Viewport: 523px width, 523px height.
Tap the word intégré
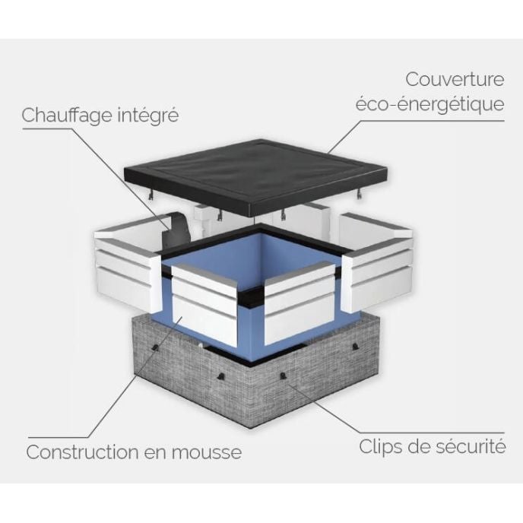149,116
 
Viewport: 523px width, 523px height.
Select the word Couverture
455,79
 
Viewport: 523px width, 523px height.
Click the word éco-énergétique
429,104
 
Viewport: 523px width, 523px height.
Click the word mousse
207,452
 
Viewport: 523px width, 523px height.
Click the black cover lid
256,175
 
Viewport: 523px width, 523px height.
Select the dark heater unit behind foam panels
176,230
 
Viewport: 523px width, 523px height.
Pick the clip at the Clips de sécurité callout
283,376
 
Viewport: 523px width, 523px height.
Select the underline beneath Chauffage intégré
47,128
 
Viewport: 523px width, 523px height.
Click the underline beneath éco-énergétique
433,121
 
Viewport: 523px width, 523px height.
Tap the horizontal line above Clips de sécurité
433,433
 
